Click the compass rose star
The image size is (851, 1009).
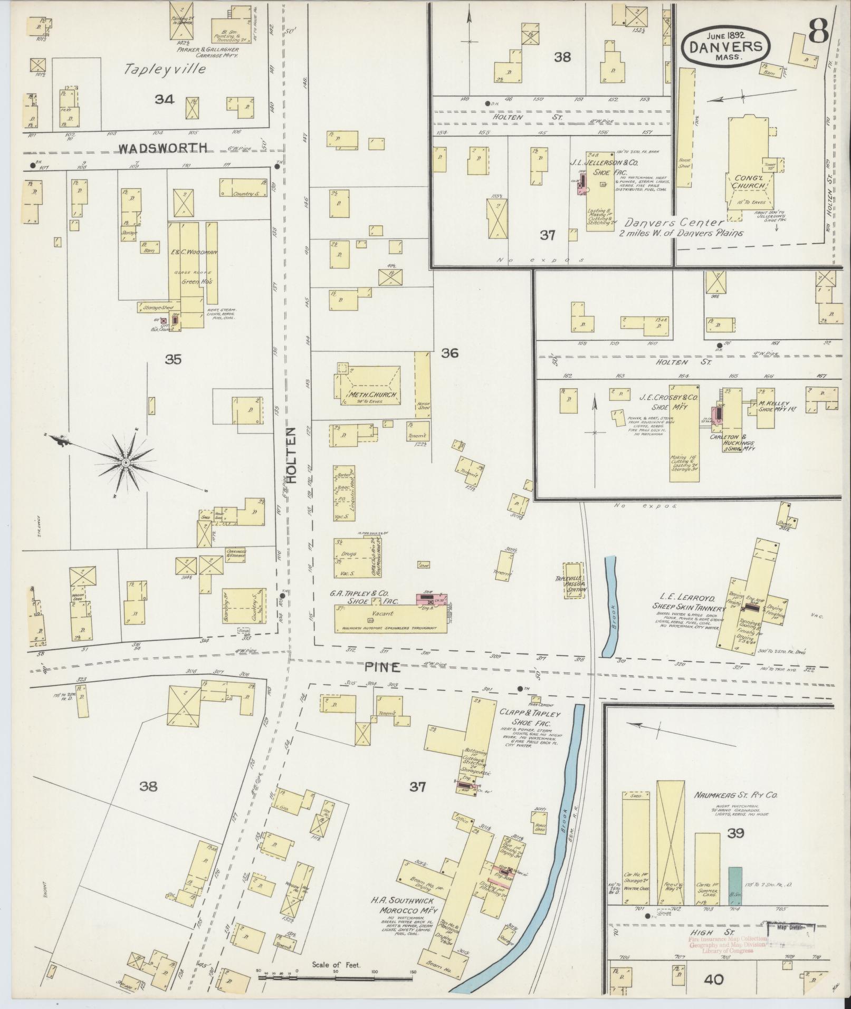126,463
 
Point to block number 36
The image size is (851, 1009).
450,353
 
